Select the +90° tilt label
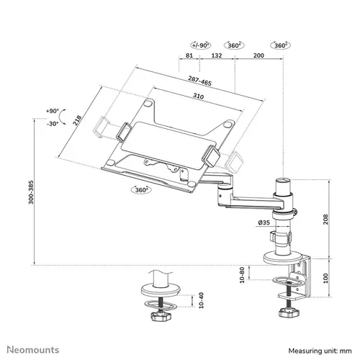pyautogui.click(x=51, y=110)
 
